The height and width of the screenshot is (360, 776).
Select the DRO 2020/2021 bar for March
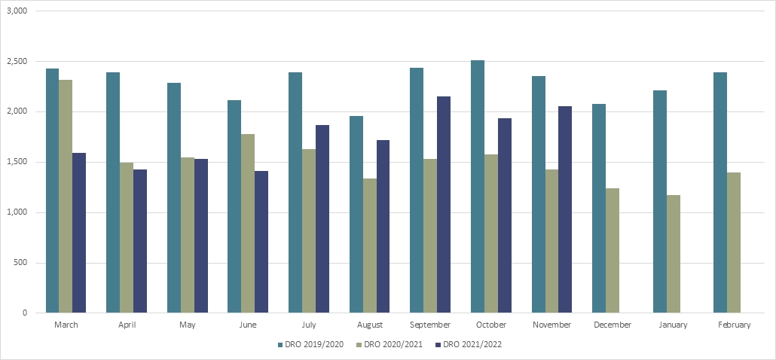pos(66,196)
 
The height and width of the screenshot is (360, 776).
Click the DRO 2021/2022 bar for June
pos(261,242)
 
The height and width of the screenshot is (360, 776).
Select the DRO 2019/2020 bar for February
pos(720,192)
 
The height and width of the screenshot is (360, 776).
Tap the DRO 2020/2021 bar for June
pos(248,223)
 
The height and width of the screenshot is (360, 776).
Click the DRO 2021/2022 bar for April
pos(140,241)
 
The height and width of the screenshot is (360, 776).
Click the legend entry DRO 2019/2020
pos(313,345)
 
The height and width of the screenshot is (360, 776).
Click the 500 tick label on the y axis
pos(20,263)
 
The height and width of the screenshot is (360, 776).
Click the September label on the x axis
pos(430,325)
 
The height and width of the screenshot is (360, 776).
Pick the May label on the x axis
pos(188,325)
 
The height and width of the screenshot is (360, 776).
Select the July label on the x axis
pos(309,325)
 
